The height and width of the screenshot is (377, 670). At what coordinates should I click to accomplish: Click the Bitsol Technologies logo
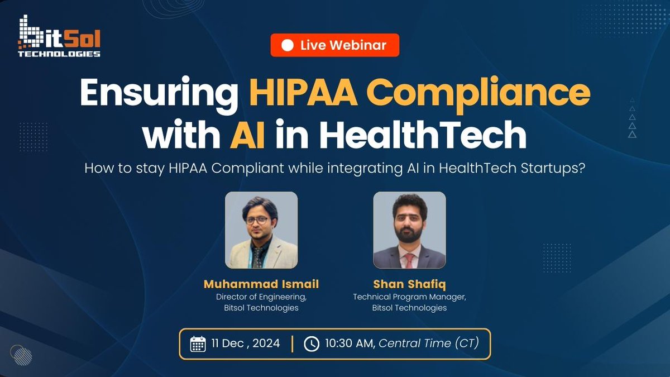pos(59,37)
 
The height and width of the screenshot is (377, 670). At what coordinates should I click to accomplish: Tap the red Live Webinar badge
pos(335,45)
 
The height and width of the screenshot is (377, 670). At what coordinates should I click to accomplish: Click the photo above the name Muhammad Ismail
pos(261,230)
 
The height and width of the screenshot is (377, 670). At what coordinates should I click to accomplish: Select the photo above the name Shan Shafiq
pos(409,230)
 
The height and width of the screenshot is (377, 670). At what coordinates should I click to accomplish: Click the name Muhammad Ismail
pos(261,285)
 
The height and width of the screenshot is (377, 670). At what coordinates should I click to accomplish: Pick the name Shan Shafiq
pos(409,285)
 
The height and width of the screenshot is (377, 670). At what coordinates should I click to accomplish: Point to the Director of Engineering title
pos(261,297)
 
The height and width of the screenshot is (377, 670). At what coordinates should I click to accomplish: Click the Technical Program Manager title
pos(409,297)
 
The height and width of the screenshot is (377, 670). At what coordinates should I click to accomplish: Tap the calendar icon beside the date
pos(198,343)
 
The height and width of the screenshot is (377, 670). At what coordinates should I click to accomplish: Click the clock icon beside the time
pos(311,343)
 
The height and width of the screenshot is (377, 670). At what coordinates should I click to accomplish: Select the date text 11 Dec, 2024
pos(246,343)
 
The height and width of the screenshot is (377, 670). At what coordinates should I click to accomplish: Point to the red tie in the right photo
pos(410,260)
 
